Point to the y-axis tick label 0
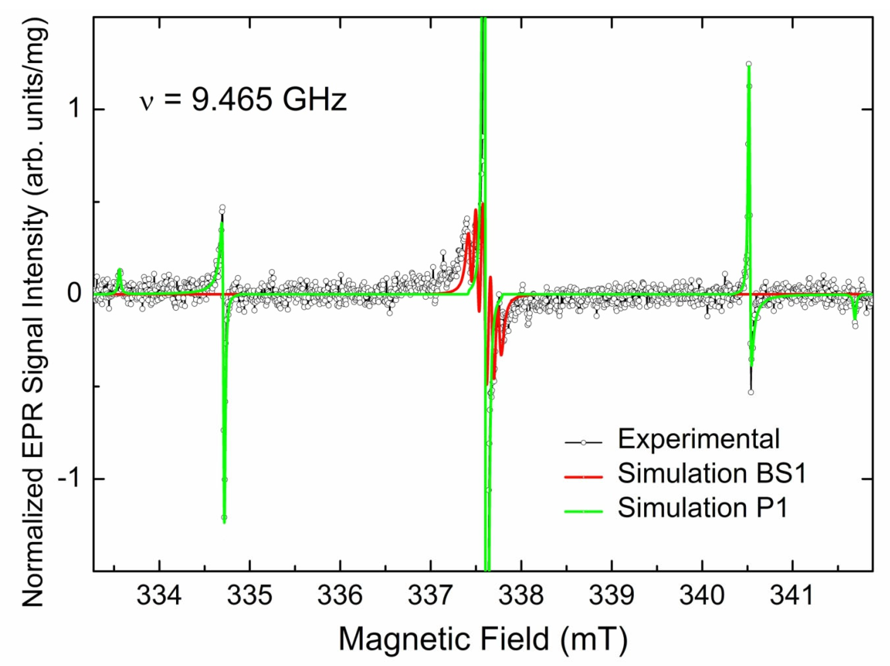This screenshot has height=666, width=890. tap(74, 294)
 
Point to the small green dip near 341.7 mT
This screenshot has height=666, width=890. tap(855, 320)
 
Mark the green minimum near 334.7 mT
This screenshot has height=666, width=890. tap(224, 522)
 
